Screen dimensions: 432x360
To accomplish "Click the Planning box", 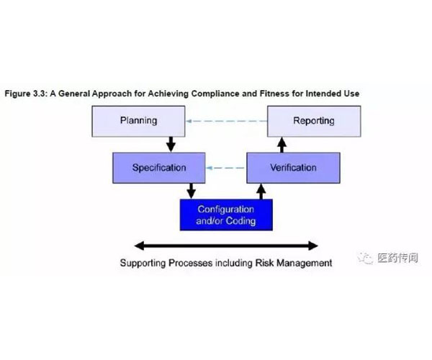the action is (x=138, y=121).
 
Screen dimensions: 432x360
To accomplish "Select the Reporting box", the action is (x=314, y=121).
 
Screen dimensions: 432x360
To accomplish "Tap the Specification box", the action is (x=159, y=168).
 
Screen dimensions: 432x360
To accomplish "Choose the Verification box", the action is (x=294, y=168).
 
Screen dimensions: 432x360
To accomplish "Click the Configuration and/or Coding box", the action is (x=226, y=215).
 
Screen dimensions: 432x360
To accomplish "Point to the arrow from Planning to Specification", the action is (x=171, y=144).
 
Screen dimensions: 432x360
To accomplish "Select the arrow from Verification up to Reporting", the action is (x=282, y=145).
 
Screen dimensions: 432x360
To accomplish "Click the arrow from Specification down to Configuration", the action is (x=191, y=191).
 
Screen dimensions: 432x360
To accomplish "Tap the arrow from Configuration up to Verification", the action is (x=261, y=192).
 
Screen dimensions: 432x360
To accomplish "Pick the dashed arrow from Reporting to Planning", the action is (x=227, y=121).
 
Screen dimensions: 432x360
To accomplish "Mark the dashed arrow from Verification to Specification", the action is (x=225, y=168).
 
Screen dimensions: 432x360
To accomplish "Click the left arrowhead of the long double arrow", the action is (x=139, y=246).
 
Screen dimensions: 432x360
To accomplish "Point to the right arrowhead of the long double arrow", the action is (x=313, y=246).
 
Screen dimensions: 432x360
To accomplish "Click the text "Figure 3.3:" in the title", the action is (x=26, y=94).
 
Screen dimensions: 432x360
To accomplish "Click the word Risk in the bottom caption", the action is (x=264, y=263).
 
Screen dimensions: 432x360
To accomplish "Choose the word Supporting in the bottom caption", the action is (x=143, y=264).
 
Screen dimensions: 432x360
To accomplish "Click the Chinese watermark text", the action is (x=397, y=258).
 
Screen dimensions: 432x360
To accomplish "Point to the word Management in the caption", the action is (x=304, y=264).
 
